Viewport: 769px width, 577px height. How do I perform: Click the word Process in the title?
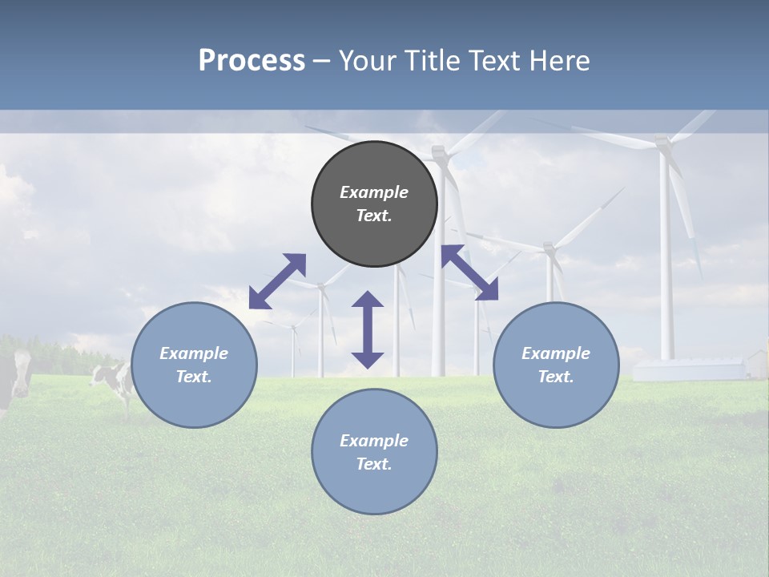252,61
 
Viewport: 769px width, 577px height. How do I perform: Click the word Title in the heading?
430,61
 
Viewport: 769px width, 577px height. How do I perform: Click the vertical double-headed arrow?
368,329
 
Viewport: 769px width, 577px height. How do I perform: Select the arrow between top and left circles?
277,280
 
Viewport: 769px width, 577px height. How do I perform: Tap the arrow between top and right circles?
469,272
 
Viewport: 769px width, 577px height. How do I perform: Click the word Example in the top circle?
374,192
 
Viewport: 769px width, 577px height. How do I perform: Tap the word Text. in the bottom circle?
374,464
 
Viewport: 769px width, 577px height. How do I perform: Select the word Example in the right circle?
556,353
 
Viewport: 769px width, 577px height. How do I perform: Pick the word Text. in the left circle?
194,377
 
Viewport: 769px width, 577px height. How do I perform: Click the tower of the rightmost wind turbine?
666,264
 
